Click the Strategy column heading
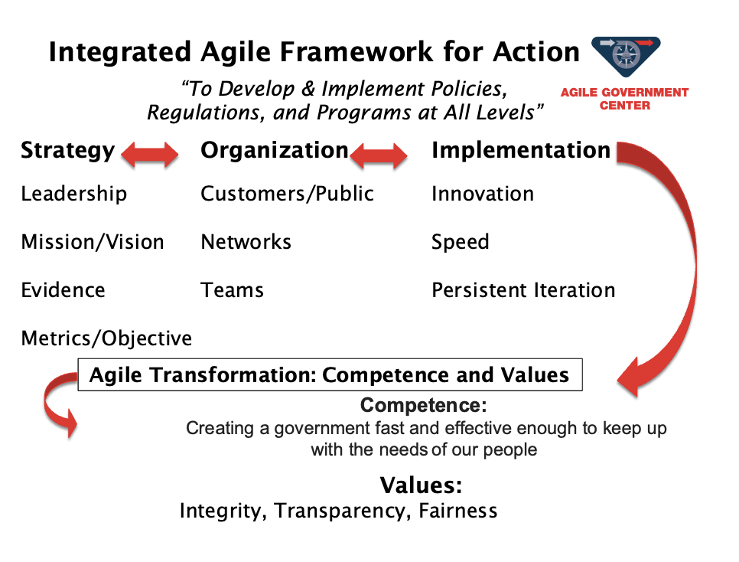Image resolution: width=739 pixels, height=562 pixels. point(68,151)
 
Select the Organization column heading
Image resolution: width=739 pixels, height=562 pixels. point(275,151)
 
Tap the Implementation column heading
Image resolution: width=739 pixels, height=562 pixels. point(521,151)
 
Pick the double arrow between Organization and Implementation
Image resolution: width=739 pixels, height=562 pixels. point(379,155)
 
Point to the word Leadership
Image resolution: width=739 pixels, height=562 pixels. point(74,194)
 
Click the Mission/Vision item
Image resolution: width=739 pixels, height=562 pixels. point(93,242)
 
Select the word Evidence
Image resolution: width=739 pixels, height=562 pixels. point(63,289)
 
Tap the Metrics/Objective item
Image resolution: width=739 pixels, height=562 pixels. point(106,338)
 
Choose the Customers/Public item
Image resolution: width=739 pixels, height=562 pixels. point(287,194)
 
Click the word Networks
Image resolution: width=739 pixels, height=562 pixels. point(246,242)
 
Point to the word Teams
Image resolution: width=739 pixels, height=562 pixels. point(233,289)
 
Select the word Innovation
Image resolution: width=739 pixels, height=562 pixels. point(483,194)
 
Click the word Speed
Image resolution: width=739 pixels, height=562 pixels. point(461,243)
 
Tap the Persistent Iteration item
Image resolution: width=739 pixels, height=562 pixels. point(523,289)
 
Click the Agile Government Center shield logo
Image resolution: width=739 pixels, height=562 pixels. point(626,56)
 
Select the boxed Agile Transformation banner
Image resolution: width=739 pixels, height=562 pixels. point(330,374)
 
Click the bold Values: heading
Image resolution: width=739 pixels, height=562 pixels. point(422,485)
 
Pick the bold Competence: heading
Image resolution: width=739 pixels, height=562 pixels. point(423,405)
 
